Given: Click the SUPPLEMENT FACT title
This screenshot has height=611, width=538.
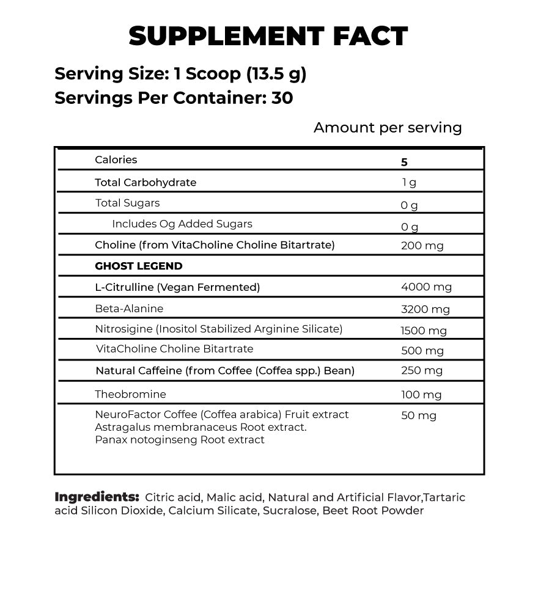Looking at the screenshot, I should pyautogui.click(x=268, y=37).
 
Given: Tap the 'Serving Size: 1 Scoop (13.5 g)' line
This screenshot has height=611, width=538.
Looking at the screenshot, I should pyautogui.click(x=180, y=74).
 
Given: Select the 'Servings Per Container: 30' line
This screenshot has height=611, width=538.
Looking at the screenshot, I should pyautogui.click(x=174, y=98).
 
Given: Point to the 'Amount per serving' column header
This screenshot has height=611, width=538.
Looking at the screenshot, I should pyautogui.click(x=388, y=128).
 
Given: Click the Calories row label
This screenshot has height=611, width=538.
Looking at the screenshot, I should pyautogui.click(x=116, y=160).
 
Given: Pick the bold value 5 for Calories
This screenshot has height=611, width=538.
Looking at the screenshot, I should pyautogui.click(x=404, y=163).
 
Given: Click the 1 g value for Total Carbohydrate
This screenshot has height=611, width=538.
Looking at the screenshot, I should pyautogui.click(x=409, y=183).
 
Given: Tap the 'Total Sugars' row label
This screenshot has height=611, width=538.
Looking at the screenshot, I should pyautogui.click(x=127, y=203).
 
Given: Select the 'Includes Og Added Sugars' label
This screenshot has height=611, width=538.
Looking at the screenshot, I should pyautogui.click(x=182, y=224).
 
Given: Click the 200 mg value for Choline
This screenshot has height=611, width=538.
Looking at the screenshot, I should pyautogui.click(x=422, y=246).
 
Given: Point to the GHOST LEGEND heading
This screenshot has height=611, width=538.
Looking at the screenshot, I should pyautogui.click(x=139, y=266).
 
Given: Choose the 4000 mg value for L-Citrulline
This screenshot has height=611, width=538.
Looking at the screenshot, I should pyautogui.click(x=426, y=287).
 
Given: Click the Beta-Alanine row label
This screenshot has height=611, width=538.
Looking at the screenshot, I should pyautogui.click(x=129, y=309).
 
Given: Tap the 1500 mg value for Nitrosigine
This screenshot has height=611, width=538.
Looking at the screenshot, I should pyautogui.click(x=424, y=331).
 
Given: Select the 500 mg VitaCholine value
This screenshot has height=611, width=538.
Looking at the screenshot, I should pyautogui.click(x=422, y=351).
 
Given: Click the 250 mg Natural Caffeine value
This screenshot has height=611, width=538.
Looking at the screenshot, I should pyautogui.click(x=422, y=371).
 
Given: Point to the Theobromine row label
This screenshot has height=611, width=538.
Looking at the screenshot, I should pyautogui.click(x=130, y=395).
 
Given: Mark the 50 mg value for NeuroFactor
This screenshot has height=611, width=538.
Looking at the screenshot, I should pyautogui.click(x=419, y=416).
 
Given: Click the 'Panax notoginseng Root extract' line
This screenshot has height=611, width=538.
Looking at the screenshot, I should pyautogui.click(x=180, y=440).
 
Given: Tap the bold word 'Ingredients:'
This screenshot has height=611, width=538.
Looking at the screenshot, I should pyautogui.click(x=97, y=497).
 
